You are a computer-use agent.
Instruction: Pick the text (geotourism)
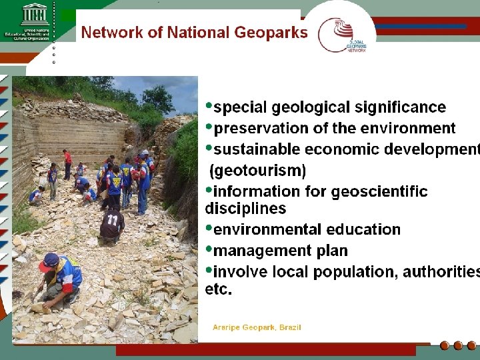click(x=257, y=171)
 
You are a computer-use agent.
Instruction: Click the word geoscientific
click(x=379, y=192)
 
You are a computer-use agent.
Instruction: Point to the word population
click(x=351, y=272)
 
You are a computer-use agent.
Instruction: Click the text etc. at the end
click(x=219, y=290)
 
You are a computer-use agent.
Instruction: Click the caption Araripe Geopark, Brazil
click(x=257, y=327)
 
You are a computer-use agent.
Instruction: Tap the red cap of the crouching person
click(x=49, y=261)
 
